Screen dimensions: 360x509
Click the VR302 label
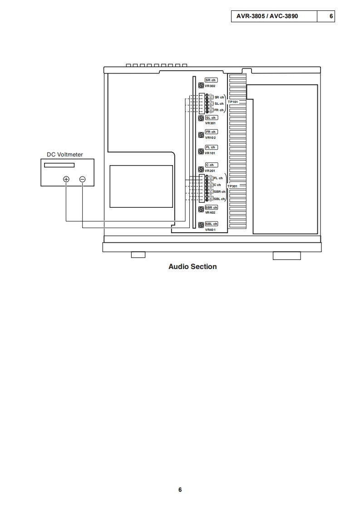click(x=210, y=86)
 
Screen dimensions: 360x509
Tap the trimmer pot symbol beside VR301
click(x=201, y=118)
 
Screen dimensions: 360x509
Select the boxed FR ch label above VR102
click(x=211, y=132)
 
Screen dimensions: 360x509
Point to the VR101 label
click(x=210, y=153)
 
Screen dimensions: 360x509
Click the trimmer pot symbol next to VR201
click(x=201, y=171)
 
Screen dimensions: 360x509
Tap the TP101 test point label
click(x=233, y=102)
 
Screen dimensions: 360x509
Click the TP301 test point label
click(x=232, y=186)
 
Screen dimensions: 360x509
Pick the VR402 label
click(x=210, y=213)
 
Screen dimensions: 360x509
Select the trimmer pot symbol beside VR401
click(x=201, y=225)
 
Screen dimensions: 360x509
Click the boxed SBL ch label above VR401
click(x=212, y=224)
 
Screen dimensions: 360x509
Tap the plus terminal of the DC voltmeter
click(x=66, y=179)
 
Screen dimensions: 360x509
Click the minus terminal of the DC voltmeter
click(x=82, y=179)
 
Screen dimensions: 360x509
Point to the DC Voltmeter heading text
click(x=65, y=155)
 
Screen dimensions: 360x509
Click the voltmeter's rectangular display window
click(x=59, y=165)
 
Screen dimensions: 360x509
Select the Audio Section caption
click(x=192, y=267)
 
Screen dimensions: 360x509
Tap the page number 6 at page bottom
click(x=180, y=490)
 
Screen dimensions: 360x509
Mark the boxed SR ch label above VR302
click(x=211, y=80)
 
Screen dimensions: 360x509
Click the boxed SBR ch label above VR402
click(x=212, y=208)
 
